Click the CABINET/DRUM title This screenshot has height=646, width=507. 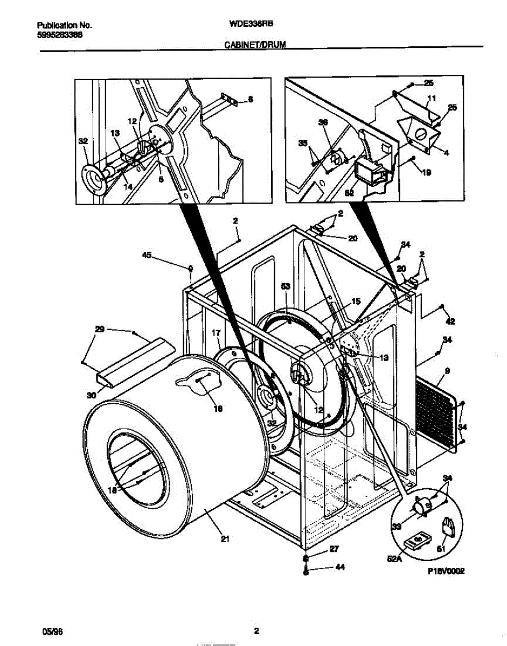pyautogui.click(x=254, y=47)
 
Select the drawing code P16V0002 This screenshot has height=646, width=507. pyautogui.click(x=446, y=572)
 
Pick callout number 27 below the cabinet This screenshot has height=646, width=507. pyautogui.click(x=334, y=550)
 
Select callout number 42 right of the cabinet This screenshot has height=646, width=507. pyautogui.click(x=450, y=321)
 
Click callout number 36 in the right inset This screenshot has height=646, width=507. pyautogui.click(x=323, y=123)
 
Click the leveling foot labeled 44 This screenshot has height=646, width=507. pyautogui.click(x=306, y=570)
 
